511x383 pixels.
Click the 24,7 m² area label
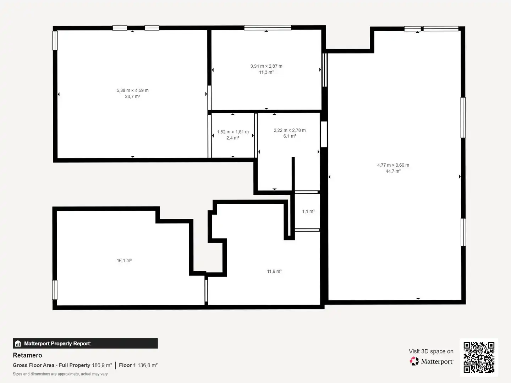(132, 96)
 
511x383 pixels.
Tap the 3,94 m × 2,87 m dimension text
(267, 66)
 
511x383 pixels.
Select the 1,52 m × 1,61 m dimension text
(233, 132)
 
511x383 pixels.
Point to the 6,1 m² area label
(290, 136)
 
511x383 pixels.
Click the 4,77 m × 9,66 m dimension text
(393, 165)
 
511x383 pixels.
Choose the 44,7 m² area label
(393, 171)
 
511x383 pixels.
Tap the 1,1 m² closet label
(308, 211)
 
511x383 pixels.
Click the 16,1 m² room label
(124, 260)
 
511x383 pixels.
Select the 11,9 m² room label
(274, 271)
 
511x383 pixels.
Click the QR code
(479, 357)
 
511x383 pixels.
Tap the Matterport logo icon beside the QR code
(414, 361)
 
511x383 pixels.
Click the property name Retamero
(27, 355)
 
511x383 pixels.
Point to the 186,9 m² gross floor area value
(102, 365)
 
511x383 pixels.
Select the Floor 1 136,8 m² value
(138, 365)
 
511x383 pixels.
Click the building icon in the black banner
(18, 343)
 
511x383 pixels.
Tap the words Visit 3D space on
(431, 351)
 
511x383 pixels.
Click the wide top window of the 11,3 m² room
(268, 28)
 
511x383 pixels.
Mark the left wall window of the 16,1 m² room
(55, 290)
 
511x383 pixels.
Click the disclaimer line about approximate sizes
(60, 374)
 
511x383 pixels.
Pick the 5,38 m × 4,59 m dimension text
(132, 90)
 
